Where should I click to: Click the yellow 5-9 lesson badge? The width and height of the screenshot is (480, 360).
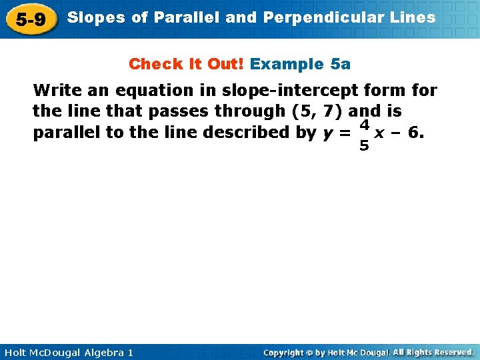(x=31, y=19)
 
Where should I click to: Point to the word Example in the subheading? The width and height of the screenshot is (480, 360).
(x=287, y=64)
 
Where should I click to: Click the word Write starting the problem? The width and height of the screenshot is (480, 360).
(x=55, y=90)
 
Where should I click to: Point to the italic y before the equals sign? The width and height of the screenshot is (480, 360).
(x=327, y=133)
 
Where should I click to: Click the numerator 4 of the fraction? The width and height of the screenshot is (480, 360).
(x=364, y=124)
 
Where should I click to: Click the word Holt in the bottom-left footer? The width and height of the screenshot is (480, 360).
(x=16, y=352)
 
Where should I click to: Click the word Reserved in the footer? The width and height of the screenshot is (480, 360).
(x=452, y=352)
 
